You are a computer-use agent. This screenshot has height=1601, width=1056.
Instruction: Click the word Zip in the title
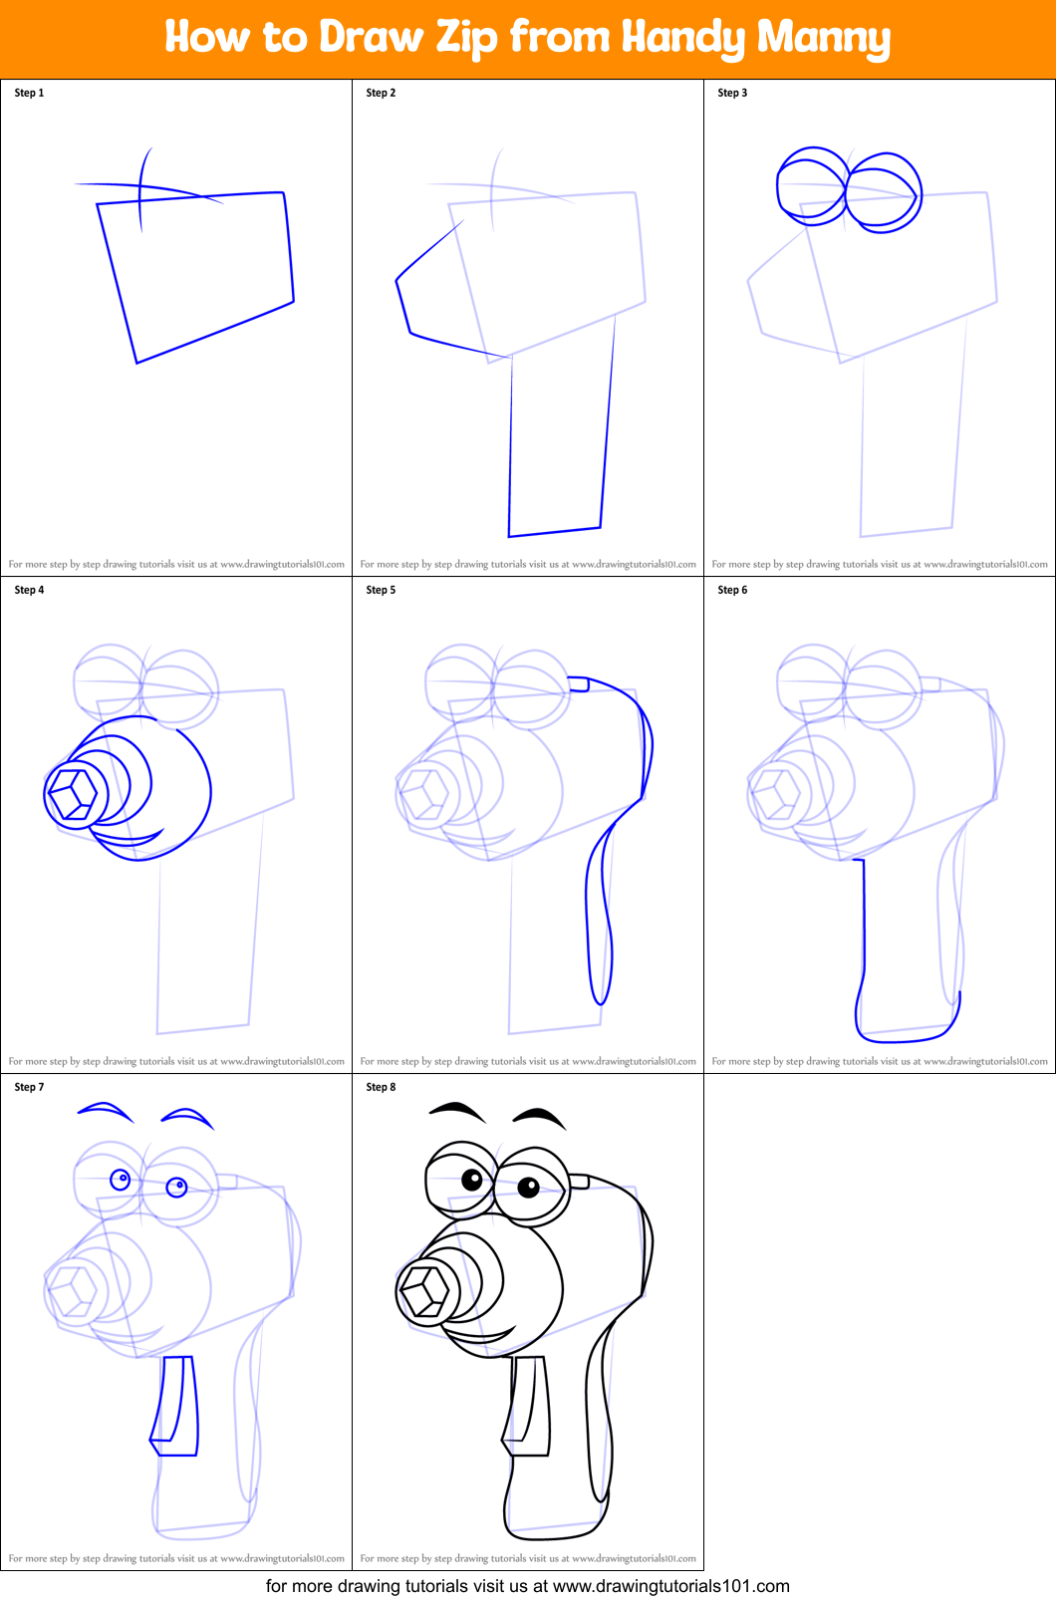(466, 38)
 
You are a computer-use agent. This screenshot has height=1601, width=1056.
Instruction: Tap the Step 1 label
(29, 93)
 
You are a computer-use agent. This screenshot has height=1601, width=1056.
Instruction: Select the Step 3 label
(732, 93)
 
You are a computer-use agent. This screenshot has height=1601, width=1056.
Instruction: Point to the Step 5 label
(381, 590)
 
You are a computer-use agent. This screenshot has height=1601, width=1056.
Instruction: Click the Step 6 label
(732, 590)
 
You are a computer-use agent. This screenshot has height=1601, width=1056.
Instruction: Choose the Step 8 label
(381, 1087)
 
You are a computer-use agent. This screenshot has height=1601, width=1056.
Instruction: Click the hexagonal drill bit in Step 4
(74, 793)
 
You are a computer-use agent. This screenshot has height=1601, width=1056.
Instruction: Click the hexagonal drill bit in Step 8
(425, 1290)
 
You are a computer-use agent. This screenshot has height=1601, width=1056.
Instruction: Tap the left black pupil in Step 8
(472, 1181)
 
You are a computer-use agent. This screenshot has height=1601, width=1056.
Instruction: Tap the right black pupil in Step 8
(528, 1187)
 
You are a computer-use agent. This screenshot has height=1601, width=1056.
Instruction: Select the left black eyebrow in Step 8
(457, 1109)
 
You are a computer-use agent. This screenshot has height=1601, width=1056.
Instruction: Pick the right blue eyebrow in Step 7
(187, 1115)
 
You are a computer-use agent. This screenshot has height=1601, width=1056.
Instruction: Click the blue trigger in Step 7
(176, 1405)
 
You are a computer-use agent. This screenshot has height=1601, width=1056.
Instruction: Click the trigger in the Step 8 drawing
(528, 1405)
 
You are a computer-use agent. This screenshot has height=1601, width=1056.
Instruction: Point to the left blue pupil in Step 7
(121, 1180)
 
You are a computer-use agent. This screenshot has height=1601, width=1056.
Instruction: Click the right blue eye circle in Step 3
(884, 192)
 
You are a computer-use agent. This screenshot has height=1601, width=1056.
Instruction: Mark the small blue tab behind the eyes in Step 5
(578, 684)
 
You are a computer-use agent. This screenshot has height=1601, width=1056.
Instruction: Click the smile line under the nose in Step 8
(478, 1335)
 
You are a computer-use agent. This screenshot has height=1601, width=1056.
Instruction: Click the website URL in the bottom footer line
(670, 1586)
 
